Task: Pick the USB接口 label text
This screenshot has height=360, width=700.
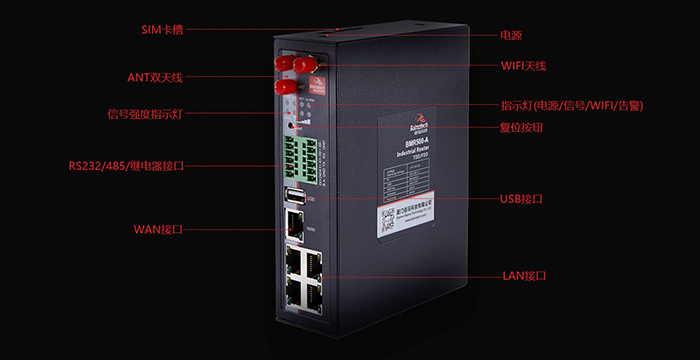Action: tap(521, 199)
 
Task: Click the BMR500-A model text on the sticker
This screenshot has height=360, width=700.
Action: tap(409, 143)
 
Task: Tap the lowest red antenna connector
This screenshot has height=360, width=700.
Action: tap(283, 87)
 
